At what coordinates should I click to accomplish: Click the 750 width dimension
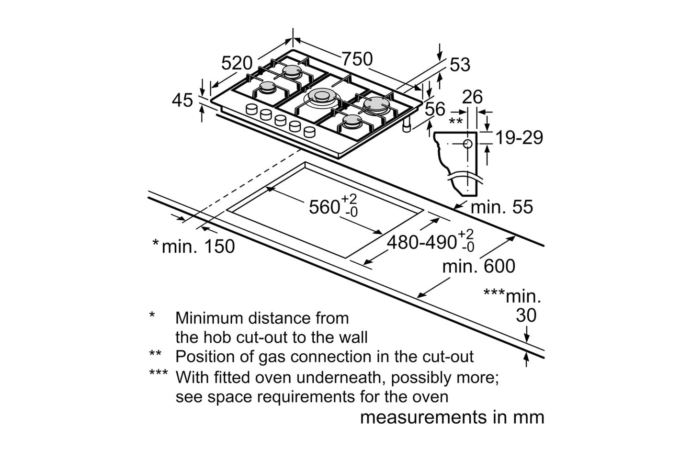[357, 59]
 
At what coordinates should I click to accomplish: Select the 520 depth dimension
[237, 63]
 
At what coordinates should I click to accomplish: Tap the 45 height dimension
[182, 101]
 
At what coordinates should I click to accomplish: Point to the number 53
[460, 65]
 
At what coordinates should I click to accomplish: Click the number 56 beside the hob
[435, 109]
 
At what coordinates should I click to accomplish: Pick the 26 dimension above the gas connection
[472, 97]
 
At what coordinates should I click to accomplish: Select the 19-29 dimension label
[519, 138]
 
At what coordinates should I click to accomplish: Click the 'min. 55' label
[502, 207]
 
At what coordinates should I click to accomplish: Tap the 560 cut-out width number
[324, 207]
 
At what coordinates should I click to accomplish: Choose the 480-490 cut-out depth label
[421, 242]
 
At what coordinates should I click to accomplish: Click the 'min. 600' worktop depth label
[478, 266]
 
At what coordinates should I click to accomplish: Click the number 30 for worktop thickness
[526, 315]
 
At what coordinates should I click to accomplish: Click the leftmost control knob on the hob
[251, 109]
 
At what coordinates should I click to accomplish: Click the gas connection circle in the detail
[467, 144]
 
